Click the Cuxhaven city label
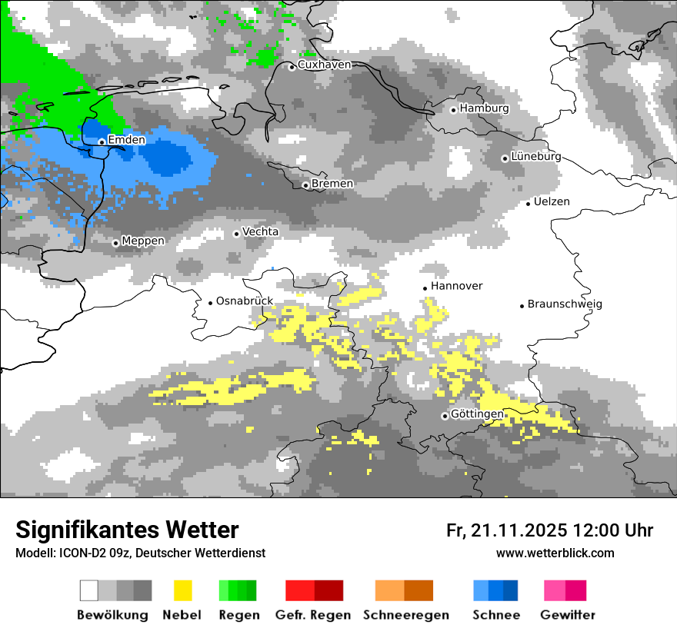324,65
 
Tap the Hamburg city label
484,108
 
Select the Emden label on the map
126,140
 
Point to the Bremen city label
332,184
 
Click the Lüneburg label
535,156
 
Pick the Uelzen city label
552,201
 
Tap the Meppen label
142,241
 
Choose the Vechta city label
260,231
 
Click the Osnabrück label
245,301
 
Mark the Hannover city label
456,286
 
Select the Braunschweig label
564,304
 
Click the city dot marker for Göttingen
445,416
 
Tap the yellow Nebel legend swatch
182,590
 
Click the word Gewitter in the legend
567,615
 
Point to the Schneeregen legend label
405,615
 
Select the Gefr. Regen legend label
313,615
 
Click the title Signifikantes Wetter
127,530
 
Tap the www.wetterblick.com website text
555,553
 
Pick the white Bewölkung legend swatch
89,590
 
